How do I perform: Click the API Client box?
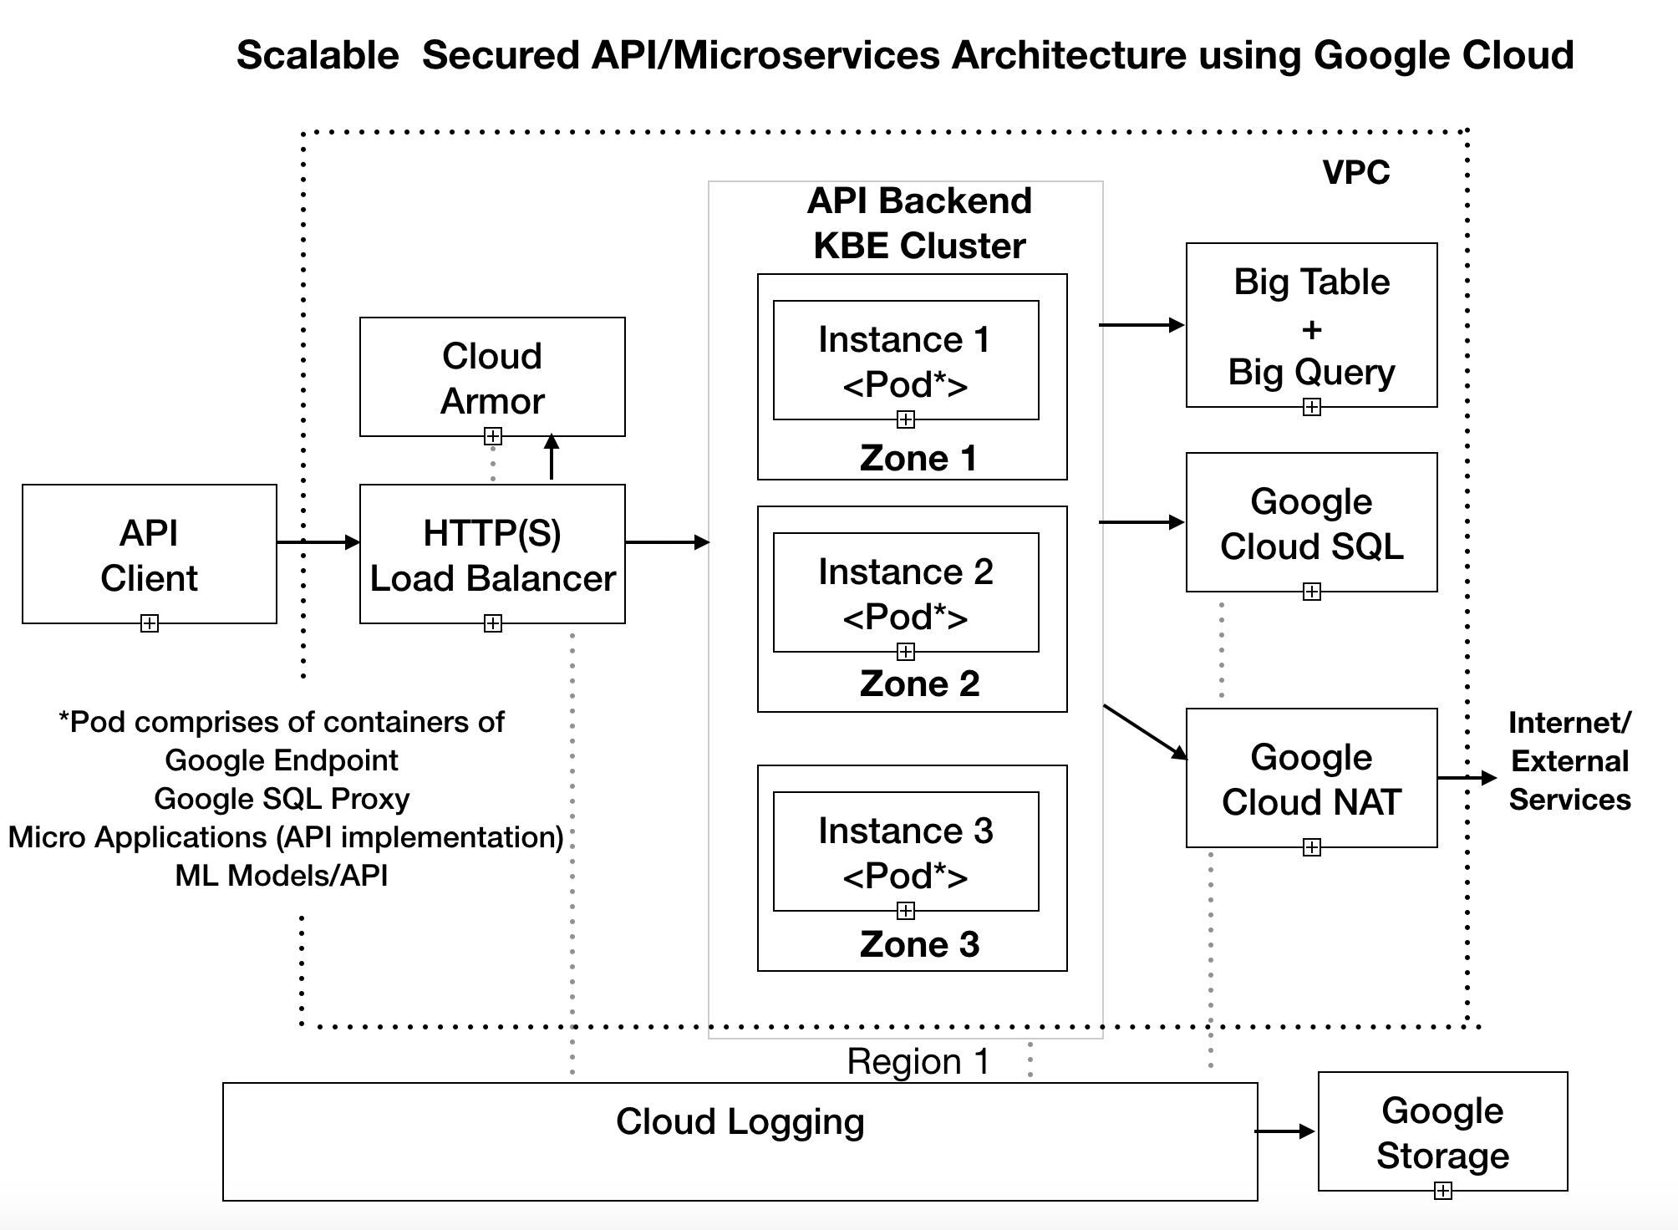coord(149,554)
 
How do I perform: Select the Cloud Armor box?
coord(491,377)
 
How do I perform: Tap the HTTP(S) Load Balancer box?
coord(491,554)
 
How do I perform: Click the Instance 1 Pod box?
coord(905,360)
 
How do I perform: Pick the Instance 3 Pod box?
coord(905,851)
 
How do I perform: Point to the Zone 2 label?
coord(918,684)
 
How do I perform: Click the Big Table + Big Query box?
coord(1310,326)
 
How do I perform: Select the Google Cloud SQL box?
coord(1310,523)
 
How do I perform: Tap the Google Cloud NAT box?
coord(1310,778)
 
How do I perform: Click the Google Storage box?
coord(1442,1131)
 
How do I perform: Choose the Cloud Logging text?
coord(740,1121)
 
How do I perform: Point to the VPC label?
coord(1355,172)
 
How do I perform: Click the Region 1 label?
coord(918,1061)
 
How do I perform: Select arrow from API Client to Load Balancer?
coord(318,542)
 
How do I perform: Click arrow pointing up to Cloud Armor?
coord(552,457)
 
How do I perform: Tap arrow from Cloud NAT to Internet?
coord(1467,778)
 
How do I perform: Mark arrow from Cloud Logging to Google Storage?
coord(1285,1131)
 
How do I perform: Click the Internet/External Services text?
coord(1569,760)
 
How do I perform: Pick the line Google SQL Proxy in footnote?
coord(282,799)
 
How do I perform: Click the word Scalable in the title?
coord(318,55)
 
